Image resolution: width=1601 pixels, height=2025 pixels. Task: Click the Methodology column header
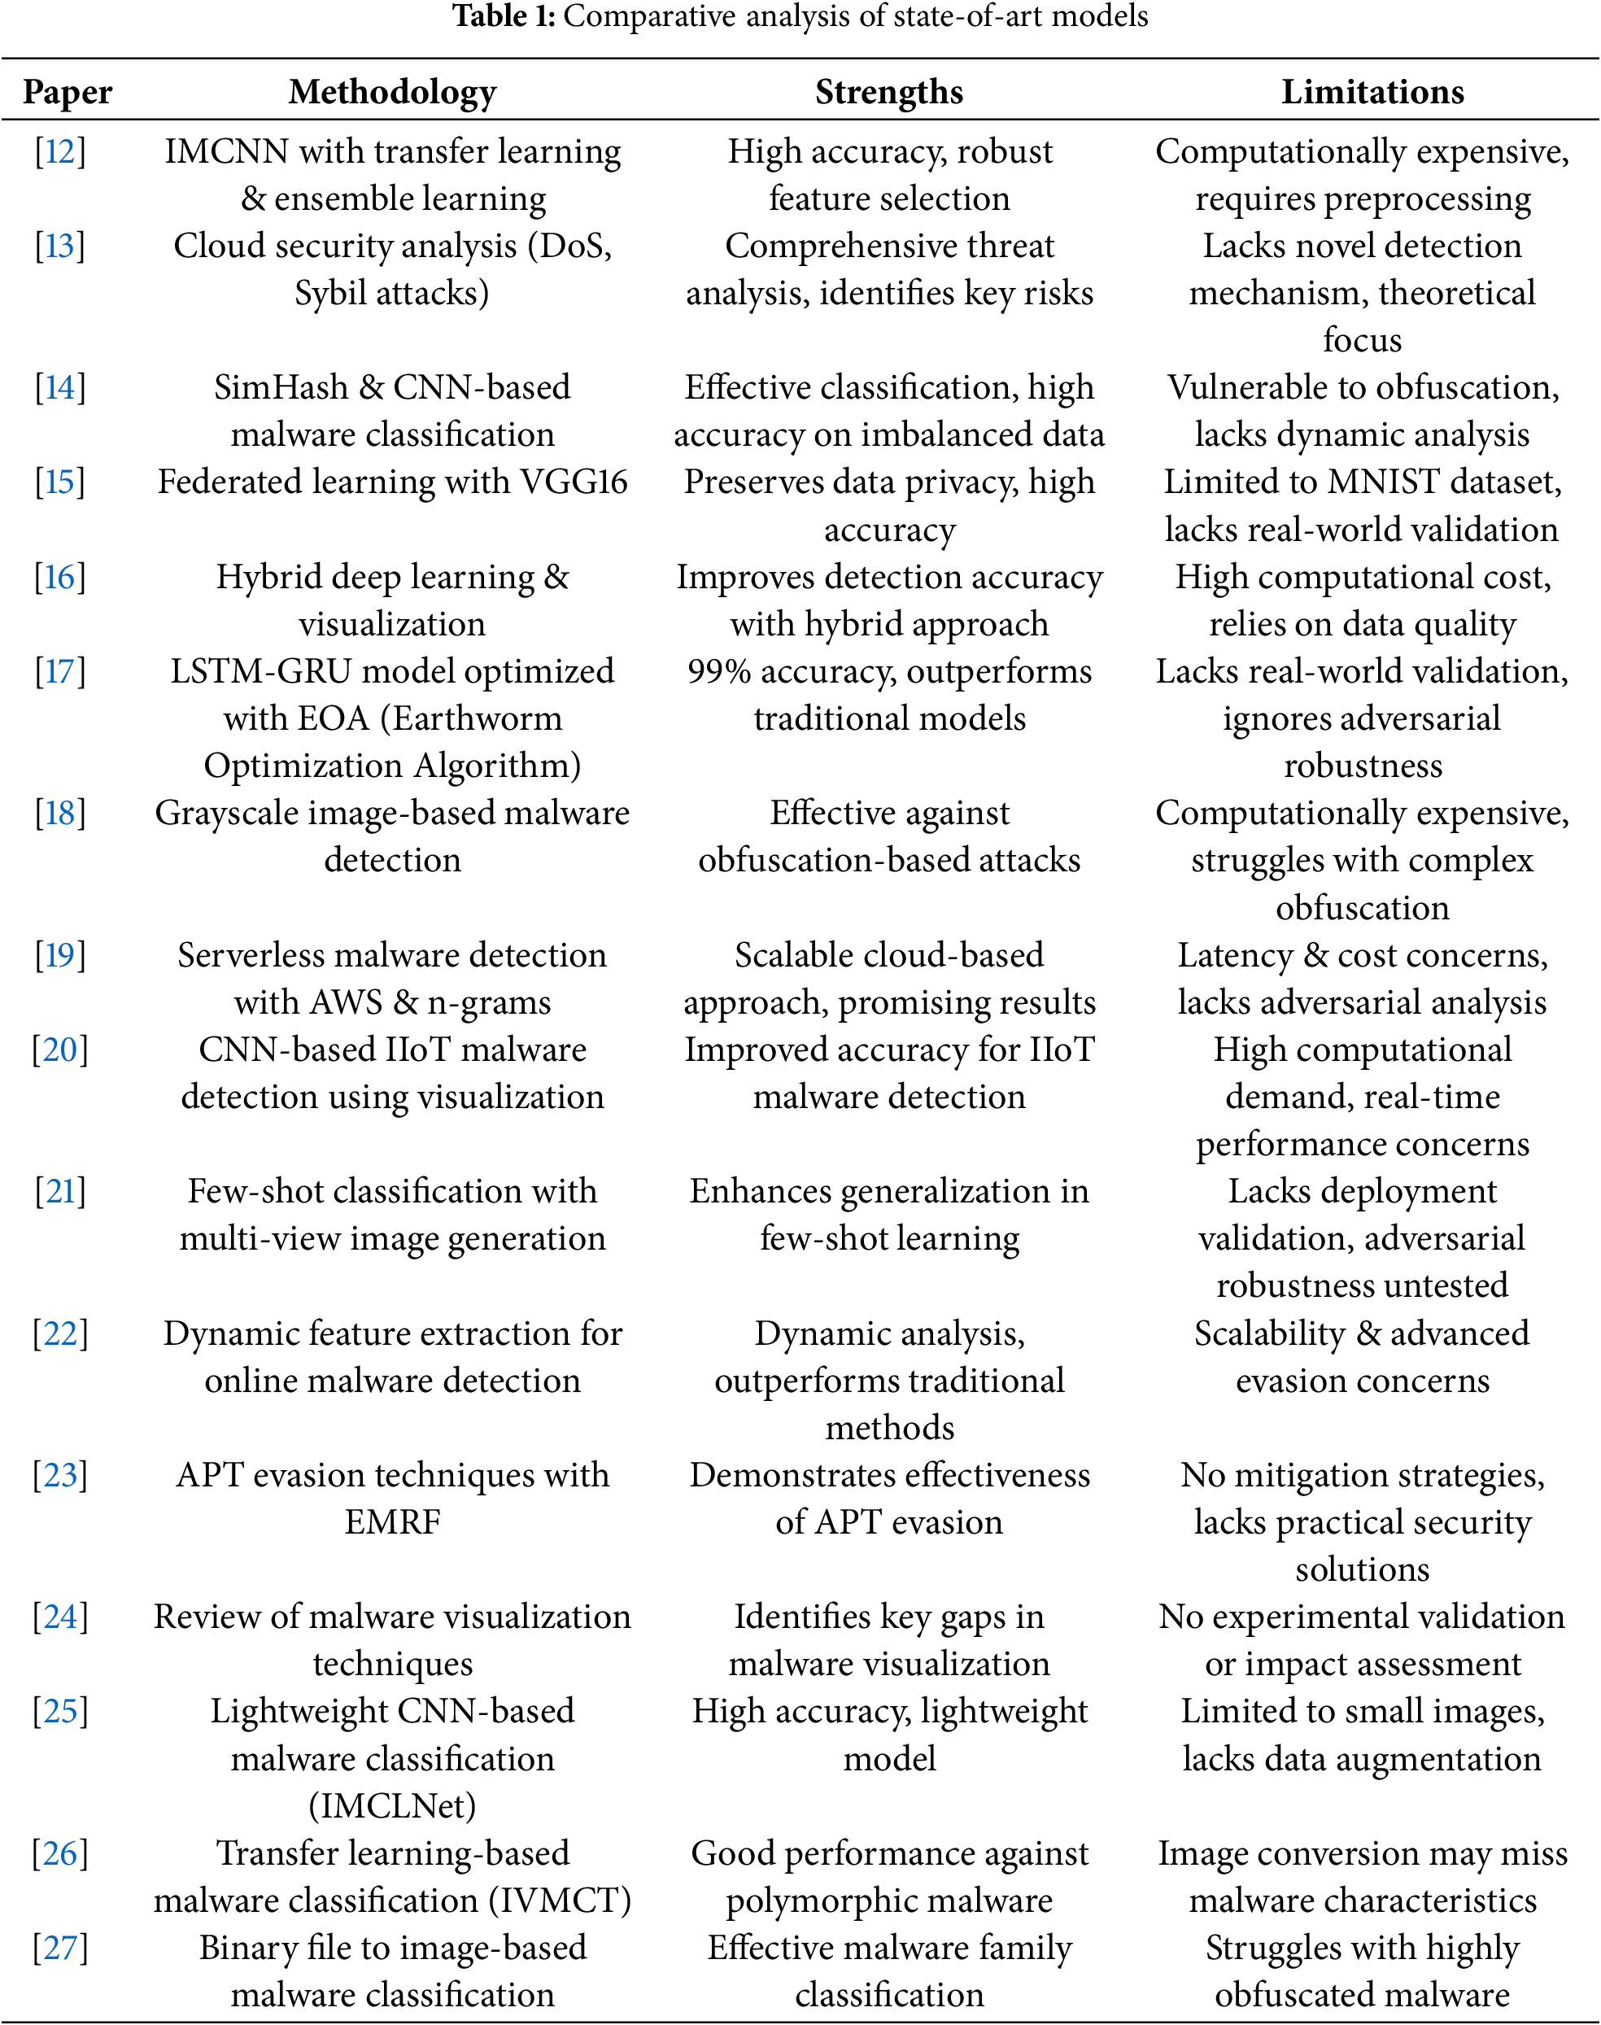[392, 92]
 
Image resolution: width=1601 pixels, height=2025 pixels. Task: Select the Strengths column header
[888, 92]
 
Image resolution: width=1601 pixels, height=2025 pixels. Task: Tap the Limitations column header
[1372, 92]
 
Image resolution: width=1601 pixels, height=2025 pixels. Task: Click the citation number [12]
[60, 151]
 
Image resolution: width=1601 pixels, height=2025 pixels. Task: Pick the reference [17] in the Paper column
[60, 671]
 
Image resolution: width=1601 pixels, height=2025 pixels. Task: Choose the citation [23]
[60, 1475]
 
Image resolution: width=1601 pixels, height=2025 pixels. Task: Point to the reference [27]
[60, 1947]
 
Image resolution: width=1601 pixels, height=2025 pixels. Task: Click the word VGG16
[574, 482]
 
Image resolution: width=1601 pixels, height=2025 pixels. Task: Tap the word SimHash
[281, 387]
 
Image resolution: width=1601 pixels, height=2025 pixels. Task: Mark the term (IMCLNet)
[392, 1805]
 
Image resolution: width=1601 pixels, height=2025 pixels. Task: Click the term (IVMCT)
[560, 1901]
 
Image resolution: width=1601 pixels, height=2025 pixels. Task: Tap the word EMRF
[392, 1521]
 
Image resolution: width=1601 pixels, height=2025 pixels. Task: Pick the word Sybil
[329, 294]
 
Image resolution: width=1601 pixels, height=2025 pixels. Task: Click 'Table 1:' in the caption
[504, 16]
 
